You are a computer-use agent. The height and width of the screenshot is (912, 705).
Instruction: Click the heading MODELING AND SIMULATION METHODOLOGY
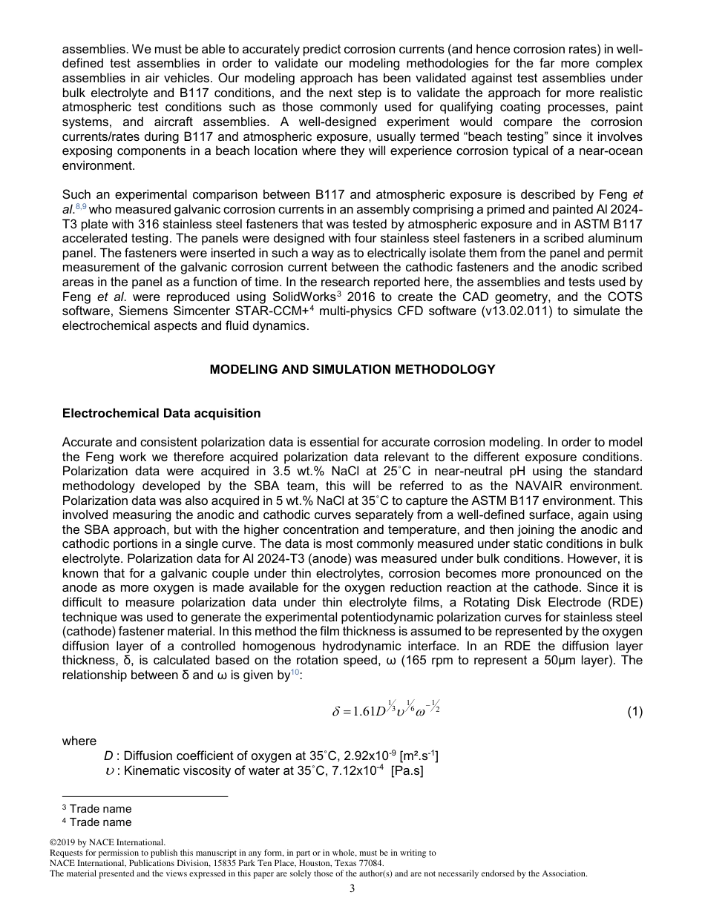[352, 369]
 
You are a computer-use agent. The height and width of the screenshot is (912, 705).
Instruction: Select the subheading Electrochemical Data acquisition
[161, 413]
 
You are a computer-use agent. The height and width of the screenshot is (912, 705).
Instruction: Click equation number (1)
[634, 712]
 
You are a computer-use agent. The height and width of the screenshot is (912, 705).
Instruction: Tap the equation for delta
[387, 710]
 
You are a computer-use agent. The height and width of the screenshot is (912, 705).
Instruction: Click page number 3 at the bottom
[352, 888]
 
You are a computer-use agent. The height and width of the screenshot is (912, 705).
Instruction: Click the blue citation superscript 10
[295, 673]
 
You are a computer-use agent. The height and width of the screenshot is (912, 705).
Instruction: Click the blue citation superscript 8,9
[82, 210]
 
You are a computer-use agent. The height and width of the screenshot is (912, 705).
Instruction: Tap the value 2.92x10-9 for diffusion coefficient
[363, 756]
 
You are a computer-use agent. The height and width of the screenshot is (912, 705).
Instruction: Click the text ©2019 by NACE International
[107, 842]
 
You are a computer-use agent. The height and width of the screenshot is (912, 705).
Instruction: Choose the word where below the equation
[79, 741]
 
